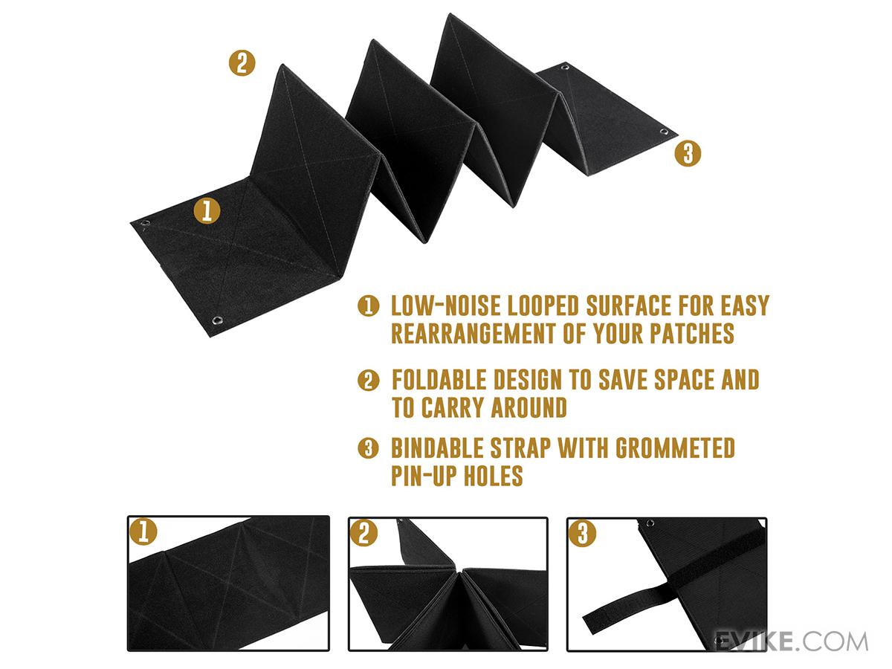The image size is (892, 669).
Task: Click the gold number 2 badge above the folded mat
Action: tap(242, 63)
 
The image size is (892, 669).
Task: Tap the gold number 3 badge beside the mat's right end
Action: tap(688, 154)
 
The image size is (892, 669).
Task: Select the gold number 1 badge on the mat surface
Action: tap(207, 211)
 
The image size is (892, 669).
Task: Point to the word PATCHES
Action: tap(691, 334)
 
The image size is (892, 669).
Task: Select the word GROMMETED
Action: tap(675, 448)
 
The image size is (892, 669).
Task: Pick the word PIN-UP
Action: tap(424, 476)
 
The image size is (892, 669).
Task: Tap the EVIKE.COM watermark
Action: tap(791, 641)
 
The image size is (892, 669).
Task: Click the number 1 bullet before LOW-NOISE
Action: tap(368, 306)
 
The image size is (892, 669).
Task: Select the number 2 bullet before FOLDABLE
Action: tap(368, 380)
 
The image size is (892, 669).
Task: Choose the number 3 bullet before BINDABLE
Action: tap(368, 448)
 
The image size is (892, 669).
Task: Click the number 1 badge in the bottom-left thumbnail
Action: tap(143, 531)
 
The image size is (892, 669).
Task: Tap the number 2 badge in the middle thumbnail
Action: tap(363, 533)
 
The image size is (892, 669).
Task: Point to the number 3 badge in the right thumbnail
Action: tap(582, 533)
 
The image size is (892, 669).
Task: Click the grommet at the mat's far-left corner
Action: tap(145, 223)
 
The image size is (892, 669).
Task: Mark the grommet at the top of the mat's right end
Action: tap(564, 67)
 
